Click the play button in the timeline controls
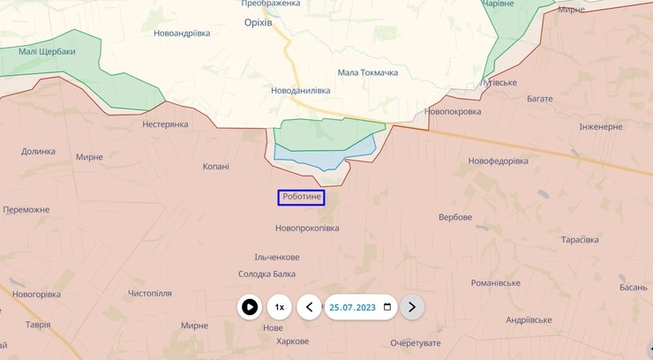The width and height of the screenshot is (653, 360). tap(250, 307)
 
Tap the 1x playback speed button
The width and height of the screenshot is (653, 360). tap(280, 307)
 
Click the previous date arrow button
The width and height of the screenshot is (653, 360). tap(309, 307)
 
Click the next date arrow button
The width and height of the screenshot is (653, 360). tap(412, 307)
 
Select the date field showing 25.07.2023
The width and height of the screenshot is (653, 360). tap(352, 307)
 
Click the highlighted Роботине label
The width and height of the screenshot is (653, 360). tap(302, 198)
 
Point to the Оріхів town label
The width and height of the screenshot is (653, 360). tap(259, 23)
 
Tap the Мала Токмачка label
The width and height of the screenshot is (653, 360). tap(367, 72)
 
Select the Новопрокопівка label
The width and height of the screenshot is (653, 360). tap(307, 229)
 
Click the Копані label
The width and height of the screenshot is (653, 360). tap(215, 166)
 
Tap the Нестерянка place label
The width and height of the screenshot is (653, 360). tap(165, 124)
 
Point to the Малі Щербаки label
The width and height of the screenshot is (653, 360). tap(48, 51)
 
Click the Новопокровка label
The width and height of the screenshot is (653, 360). tap(452, 112)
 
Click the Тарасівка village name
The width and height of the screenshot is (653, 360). tap(580, 240)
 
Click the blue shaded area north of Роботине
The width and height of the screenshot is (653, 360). tap(318, 158)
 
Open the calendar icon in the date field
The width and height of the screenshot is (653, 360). tap(386, 307)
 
